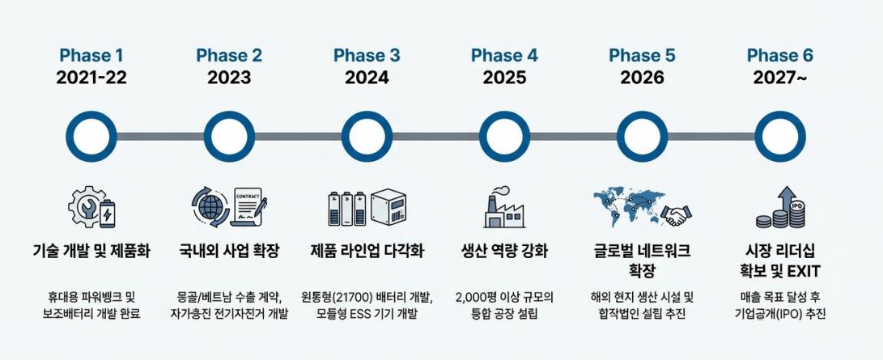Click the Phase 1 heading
(91, 56)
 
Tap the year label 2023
(229, 78)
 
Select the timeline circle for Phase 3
(367, 136)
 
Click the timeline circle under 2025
(504, 136)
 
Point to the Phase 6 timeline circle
(779, 136)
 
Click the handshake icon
(677, 214)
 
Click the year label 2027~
(779, 78)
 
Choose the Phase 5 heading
(642, 56)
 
